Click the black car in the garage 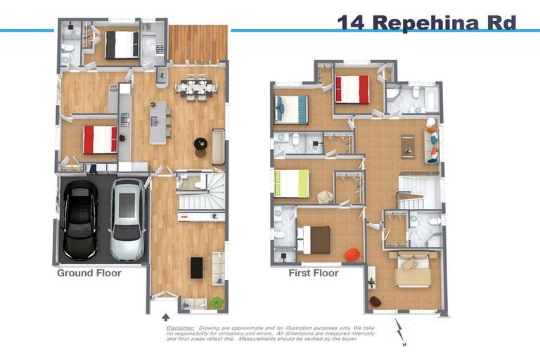coord(79,219)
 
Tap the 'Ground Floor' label coord(89,273)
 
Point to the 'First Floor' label coord(314,273)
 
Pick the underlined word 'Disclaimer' coord(180,328)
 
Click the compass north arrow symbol coord(401,330)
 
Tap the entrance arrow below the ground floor coord(165,319)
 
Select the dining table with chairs coord(195,86)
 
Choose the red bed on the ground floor coord(100,139)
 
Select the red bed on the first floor coord(352,89)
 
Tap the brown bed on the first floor coord(314,239)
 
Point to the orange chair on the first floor coord(352,253)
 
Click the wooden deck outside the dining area coord(198,44)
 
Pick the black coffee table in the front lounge coord(197,267)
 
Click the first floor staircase coord(418,191)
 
